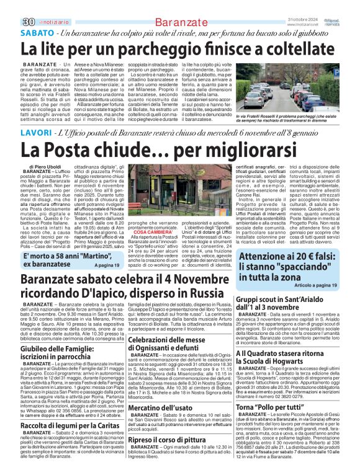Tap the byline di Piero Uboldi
tap(46, 166)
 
